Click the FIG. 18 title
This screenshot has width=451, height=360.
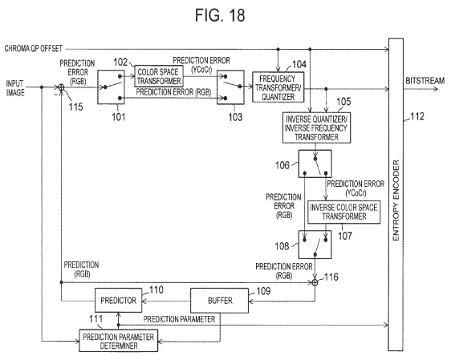pos(220,15)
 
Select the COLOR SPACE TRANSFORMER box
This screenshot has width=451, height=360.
pos(159,76)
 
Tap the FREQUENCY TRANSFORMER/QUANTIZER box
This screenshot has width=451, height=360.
pos(278,87)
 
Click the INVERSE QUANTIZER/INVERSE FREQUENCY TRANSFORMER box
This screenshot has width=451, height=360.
pos(316,127)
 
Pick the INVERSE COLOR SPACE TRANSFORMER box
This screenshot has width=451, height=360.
pos(344,212)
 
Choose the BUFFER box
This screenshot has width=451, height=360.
pos(220,301)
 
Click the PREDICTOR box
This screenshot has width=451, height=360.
pos(119,301)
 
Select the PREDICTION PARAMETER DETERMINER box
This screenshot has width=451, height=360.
pos(119,341)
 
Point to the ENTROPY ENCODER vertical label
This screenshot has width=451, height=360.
pos(396,200)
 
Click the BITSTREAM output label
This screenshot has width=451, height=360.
pos(425,81)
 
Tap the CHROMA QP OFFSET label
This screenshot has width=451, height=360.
pos(34,48)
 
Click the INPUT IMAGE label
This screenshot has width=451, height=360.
pos(15,88)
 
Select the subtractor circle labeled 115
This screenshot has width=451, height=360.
pos(61,87)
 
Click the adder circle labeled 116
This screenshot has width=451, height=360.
pos(315,283)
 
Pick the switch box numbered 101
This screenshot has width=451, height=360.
pos(111,87)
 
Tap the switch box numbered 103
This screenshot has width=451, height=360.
pos(230,87)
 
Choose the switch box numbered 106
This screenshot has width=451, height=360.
pos(315,164)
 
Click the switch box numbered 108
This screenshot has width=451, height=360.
pos(315,245)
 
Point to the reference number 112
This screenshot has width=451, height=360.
pos(417,116)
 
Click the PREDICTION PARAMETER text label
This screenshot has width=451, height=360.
pos(179,319)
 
